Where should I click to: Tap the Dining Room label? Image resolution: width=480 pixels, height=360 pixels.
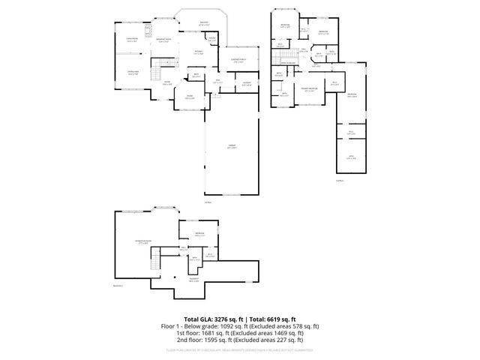pyautogui.click(x=132, y=73)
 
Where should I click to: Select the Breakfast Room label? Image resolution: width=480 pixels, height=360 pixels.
pyautogui.click(x=163, y=40)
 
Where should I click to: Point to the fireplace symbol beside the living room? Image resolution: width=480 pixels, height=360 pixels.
pyautogui.click(x=148, y=31)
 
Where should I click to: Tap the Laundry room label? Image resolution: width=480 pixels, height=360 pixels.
pyautogui.click(x=246, y=83)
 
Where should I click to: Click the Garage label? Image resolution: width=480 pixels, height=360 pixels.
pyautogui.click(x=231, y=147)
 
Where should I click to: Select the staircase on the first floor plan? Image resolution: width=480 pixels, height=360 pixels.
pyautogui.click(x=157, y=73)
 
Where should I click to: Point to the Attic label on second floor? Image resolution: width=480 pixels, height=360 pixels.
pyautogui.click(x=351, y=157)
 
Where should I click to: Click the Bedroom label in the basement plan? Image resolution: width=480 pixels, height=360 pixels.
pyautogui.click(x=199, y=234)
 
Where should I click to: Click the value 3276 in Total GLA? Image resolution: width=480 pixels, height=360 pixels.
pyautogui.click(x=216, y=319)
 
